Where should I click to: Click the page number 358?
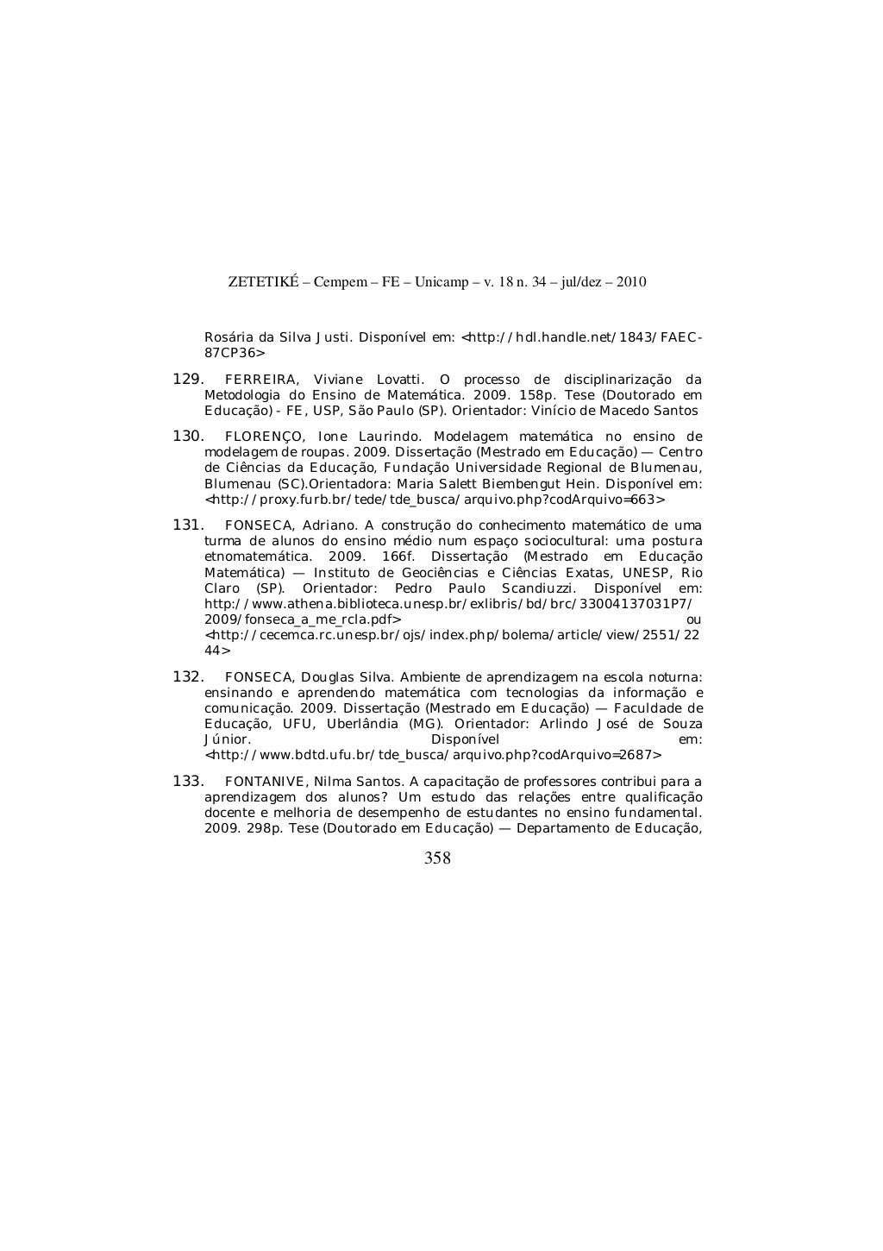437,858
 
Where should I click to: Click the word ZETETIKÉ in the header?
263,282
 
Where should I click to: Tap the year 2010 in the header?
631,282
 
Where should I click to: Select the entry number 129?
188,379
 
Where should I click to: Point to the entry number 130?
188,436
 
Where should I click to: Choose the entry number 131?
188,525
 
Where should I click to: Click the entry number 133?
188,781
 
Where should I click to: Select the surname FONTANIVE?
264,782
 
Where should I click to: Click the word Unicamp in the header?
441,282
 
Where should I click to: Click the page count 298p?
260,829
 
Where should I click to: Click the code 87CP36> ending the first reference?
235,353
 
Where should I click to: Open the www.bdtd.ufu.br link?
434,755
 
